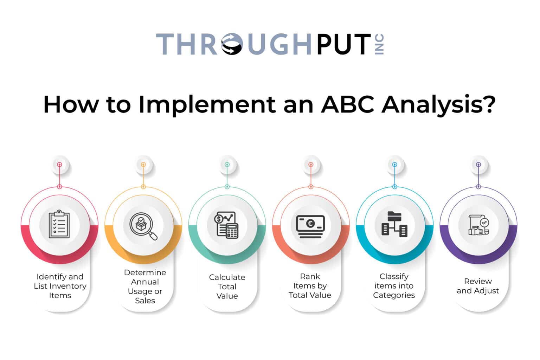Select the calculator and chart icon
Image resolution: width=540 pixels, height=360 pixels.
tap(227, 225)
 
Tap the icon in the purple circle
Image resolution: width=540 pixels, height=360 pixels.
tap(478, 225)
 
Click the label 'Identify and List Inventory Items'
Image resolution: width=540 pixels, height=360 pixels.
tap(60, 286)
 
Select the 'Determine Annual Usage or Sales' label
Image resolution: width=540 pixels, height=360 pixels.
tap(145, 287)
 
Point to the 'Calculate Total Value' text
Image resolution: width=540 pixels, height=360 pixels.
tap(227, 287)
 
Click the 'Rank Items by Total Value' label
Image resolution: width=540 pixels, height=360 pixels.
tap(310, 286)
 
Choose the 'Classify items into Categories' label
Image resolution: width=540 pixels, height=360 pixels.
tap(394, 286)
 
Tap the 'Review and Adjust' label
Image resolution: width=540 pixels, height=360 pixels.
tap(478, 286)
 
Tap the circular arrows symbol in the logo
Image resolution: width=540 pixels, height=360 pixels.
tap(232, 44)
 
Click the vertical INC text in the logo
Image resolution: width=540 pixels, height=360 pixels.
tap(379, 44)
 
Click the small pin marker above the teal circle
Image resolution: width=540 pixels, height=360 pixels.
tap(227, 165)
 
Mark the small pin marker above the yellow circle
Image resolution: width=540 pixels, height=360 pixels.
tap(143, 165)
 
